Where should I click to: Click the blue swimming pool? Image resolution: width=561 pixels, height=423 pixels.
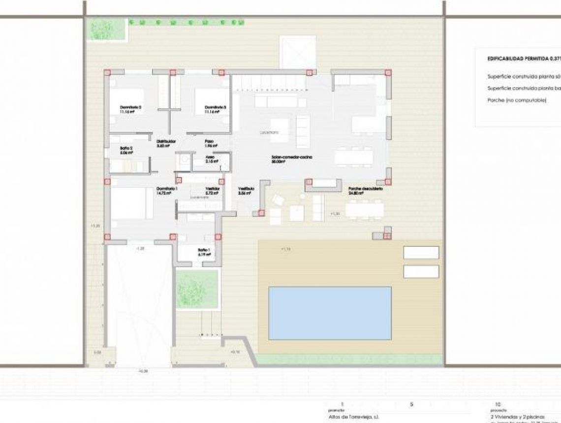pos(330,313)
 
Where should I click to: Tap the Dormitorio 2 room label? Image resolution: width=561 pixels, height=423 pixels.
pos(130,107)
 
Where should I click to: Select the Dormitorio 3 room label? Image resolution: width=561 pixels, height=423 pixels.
pos(215,107)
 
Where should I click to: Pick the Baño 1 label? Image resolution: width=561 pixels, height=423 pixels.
pos(204,249)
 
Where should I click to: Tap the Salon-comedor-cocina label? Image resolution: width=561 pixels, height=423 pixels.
pos(292,157)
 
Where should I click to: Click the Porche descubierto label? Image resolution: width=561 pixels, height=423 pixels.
pos(365,189)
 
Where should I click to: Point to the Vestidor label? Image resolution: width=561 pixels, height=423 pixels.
pos(212,189)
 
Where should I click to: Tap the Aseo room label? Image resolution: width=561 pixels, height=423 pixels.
pos(210,157)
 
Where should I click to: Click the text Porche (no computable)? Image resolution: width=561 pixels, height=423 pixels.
pos(517,100)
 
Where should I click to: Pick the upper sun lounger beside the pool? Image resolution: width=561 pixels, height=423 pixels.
pos(421,252)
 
